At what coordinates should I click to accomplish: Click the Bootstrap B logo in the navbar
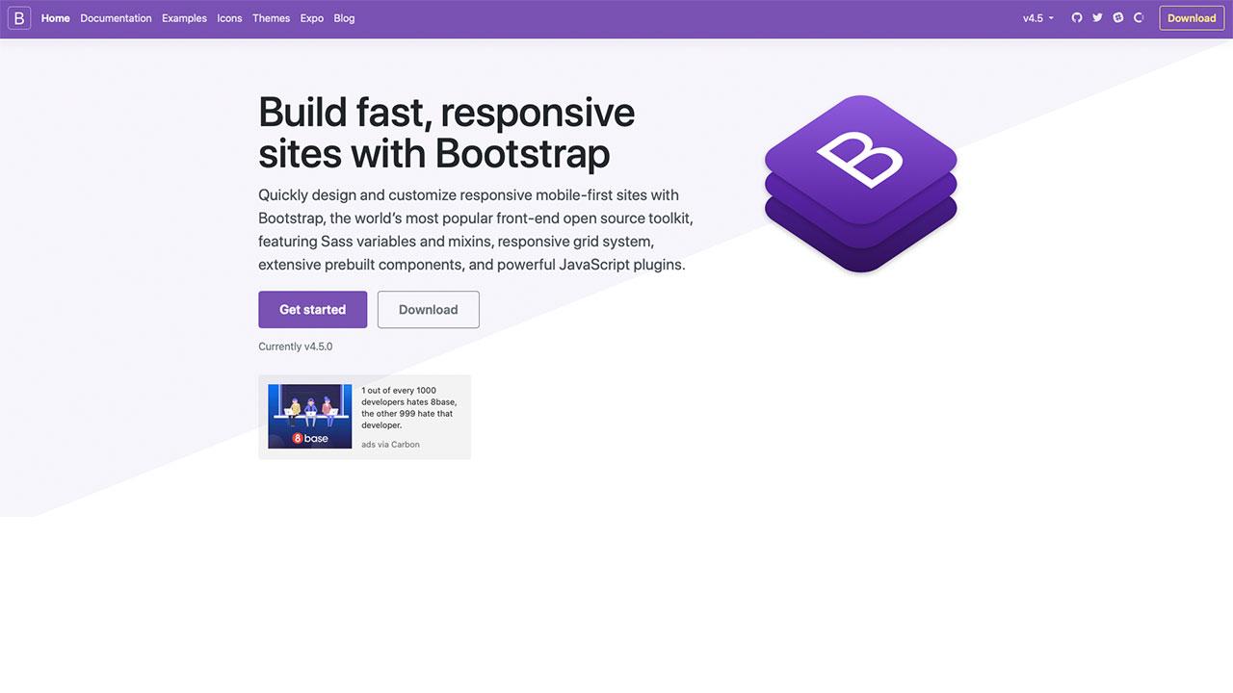click(x=19, y=18)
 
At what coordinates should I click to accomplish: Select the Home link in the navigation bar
click(x=56, y=18)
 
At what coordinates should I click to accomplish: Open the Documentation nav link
click(x=116, y=18)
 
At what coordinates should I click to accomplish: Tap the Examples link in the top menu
click(x=184, y=18)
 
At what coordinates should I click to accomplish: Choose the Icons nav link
click(x=229, y=18)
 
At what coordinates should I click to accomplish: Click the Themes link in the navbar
click(x=272, y=18)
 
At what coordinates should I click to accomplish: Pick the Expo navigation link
click(x=311, y=18)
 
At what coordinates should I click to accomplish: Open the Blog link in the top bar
click(x=344, y=18)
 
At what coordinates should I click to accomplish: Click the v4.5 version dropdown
click(x=1038, y=18)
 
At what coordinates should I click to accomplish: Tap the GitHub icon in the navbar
click(x=1077, y=17)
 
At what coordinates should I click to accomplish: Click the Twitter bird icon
click(x=1097, y=17)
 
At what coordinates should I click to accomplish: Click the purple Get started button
click(x=313, y=310)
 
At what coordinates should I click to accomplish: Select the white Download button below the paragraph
click(x=429, y=310)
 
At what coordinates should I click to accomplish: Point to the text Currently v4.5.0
click(x=296, y=346)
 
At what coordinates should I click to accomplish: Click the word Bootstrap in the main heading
click(x=522, y=153)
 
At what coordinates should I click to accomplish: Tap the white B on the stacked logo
click(x=859, y=160)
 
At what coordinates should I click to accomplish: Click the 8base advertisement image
click(x=310, y=417)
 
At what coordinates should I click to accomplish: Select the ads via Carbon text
click(x=390, y=445)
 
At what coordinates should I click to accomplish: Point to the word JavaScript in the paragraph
click(x=594, y=265)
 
